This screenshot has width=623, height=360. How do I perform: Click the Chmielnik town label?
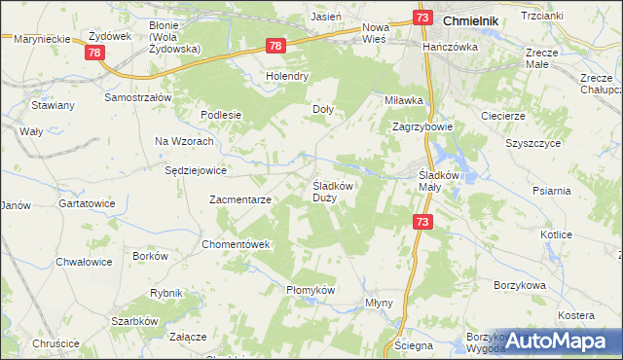click(x=478, y=19)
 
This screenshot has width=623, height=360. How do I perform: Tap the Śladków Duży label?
click(x=337, y=191)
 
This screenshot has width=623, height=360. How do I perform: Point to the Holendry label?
click(x=288, y=75)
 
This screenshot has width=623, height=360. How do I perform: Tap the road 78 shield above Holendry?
click(x=275, y=46)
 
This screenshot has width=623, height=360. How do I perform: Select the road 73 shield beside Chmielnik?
click(x=421, y=18)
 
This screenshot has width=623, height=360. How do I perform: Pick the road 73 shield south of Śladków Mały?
click(x=422, y=223)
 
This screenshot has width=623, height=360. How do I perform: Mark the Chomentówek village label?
click(x=235, y=244)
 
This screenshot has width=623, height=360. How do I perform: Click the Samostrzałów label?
click(x=138, y=98)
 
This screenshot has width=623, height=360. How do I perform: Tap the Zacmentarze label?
click(x=240, y=199)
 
